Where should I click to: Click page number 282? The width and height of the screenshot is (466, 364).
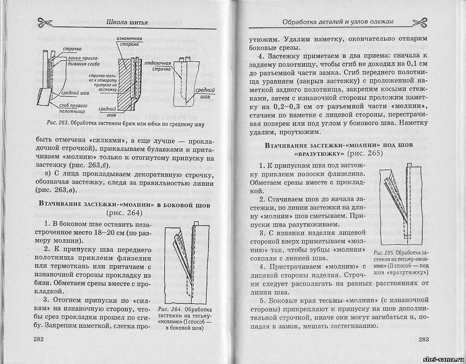39,339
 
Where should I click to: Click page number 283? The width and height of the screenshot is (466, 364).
423,339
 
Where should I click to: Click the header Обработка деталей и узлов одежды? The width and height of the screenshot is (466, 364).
332,21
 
